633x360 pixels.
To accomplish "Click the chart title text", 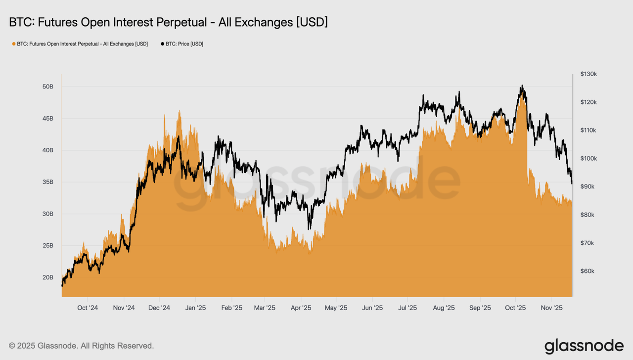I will pos(168,22).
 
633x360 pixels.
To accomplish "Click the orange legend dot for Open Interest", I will pos(13,44).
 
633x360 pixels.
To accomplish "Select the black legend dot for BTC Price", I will pos(163,44).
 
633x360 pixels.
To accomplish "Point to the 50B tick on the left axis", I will pos(47,87).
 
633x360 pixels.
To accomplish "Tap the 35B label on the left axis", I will pos(47,182).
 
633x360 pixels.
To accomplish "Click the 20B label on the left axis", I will pos(47,277).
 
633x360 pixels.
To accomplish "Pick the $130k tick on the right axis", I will pos(588,74).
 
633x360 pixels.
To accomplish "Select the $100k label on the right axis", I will pos(588,159).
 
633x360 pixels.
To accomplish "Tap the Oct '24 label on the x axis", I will pos(88,308).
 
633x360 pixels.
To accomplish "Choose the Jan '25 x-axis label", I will pos(195,308).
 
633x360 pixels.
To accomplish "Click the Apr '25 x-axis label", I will pos(301,308).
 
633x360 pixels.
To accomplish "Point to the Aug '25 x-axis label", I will pos(444,308).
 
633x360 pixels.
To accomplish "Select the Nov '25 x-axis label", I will pos(551,308).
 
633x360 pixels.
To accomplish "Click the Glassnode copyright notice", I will pos(81,346).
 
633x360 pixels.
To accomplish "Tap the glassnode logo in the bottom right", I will pos(584,345).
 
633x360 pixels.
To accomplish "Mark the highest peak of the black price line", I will pos(522,86).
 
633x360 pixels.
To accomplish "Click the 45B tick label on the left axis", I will pos(47,119).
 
